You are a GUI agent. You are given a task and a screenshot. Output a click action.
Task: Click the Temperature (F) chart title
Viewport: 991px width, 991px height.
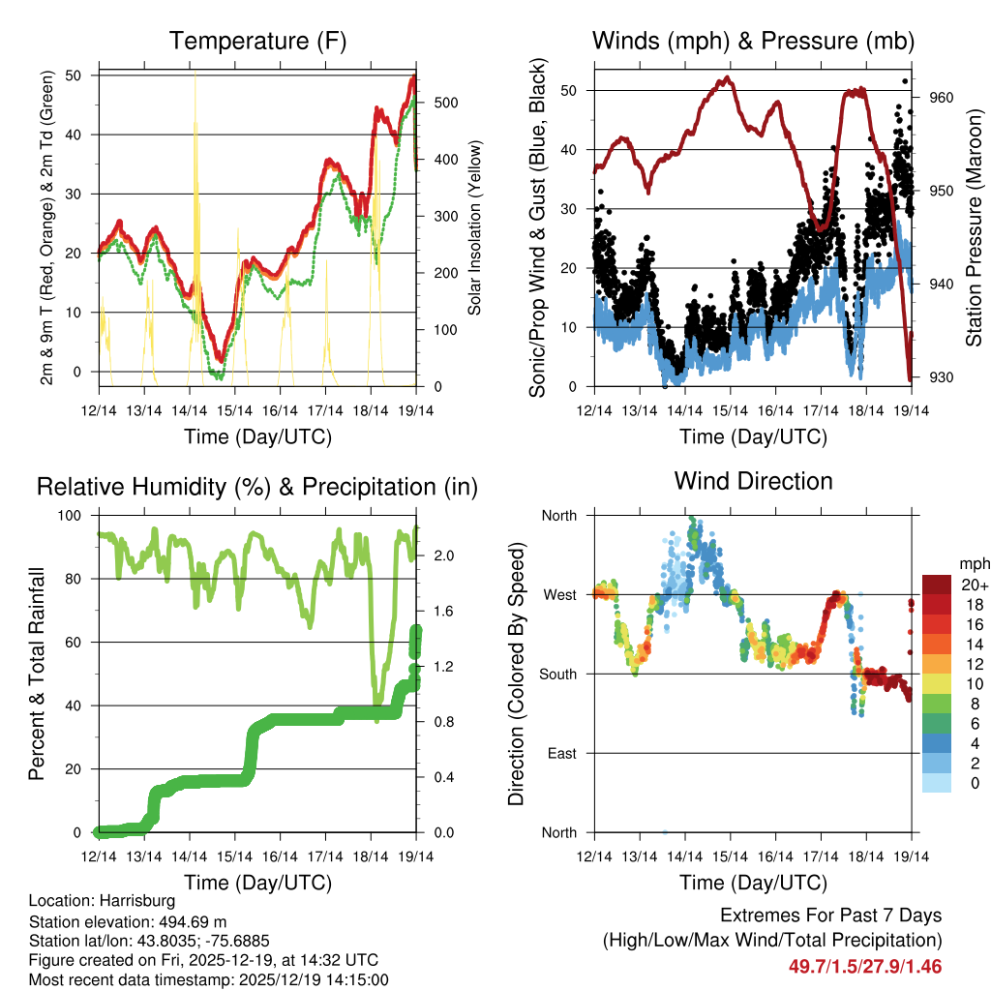[x=257, y=41]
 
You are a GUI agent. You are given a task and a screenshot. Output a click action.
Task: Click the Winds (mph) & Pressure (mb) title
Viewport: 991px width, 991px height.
[x=753, y=41]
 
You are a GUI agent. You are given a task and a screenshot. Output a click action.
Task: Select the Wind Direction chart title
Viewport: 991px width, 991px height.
[x=753, y=481]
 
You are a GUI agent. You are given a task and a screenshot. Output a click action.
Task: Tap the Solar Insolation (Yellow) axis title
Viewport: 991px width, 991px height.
[x=475, y=228]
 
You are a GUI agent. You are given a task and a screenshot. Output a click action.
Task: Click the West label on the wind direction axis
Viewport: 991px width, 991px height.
[x=558, y=594]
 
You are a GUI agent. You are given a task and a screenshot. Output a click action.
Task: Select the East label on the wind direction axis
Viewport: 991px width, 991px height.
[x=560, y=753]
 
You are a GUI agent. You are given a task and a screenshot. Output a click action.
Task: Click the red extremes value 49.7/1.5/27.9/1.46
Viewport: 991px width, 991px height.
[x=865, y=967]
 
